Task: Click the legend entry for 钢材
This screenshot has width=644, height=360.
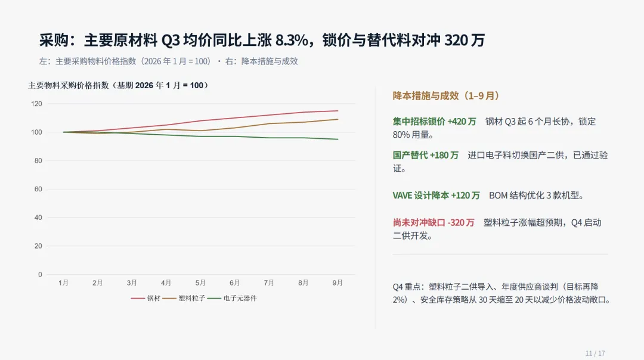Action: pyautogui.click(x=146, y=299)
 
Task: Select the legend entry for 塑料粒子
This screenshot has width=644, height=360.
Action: pyautogui.click(x=184, y=299)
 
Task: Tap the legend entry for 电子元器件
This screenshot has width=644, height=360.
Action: pyautogui.click(x=232, y=299)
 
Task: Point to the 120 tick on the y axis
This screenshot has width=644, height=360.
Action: pyautogui.click(x=36, y=104)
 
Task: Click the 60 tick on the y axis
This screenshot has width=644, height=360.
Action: pyautogui.click(x=38, y=189)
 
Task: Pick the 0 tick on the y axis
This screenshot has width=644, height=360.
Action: pyautogui.click(x=40, y=275)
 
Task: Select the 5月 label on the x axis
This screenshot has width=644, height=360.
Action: pyautogui.click(x=200, y=283)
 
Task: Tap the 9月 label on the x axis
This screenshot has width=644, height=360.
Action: pyautogui.click(x=338, y=283)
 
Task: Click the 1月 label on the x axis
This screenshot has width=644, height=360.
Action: pyautogui.click(x=63, y=283)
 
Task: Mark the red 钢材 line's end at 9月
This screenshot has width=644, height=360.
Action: pyautogui.click(x=338, y=111)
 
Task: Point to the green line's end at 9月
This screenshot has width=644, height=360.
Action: pyautogui.click(x=338, y=139)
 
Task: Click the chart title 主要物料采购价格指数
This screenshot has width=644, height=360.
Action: pyautogui.click(x=68, y=85)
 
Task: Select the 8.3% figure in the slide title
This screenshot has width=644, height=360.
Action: pyautogui.click(x=292, y=40)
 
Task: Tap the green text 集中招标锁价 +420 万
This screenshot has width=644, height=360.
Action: pyautogui.click(x=434, y=122)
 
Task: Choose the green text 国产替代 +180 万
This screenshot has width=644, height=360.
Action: pyautogui.click(x=426, y=155)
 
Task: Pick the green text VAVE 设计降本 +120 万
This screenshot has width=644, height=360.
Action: pyautogui.click(x=436, y=195)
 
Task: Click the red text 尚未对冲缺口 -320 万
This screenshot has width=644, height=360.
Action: pyautogui.click(x=434, y=222)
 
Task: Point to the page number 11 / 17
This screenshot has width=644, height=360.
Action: pyautogui.click(x=595, y=353)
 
